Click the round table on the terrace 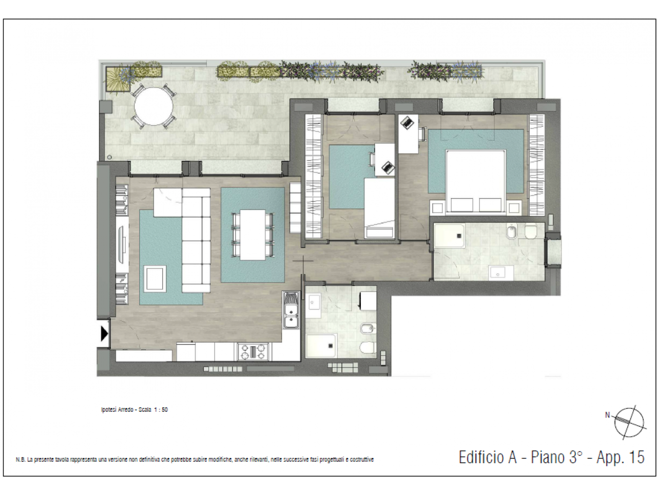click(153, 106)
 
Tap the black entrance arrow click(104, 333)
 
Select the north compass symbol click(629, 422)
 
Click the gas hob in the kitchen click(253, 351)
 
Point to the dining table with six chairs click(253, 235)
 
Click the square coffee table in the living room click(154, 279)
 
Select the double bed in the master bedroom click(476, 182)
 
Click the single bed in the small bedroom click(379, 208)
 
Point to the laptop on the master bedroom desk click(407, 122)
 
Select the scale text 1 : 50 click(161, 410)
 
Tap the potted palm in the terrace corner click(118, 79)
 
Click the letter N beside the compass click(607, 415)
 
